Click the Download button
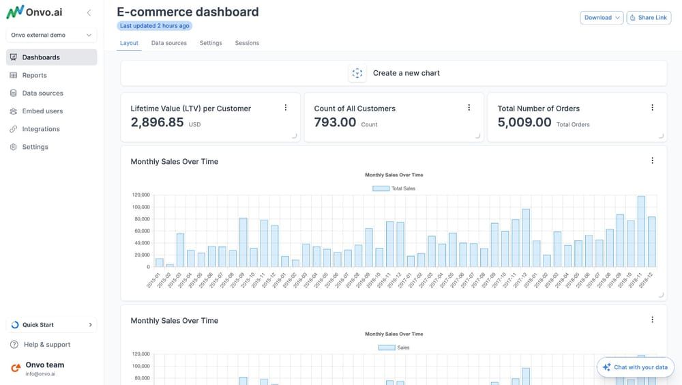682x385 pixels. pyautogui.click(x=601, y=18)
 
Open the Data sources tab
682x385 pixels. pyautogui.click(x=168, y=43)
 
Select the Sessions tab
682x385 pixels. pyautogui.click(x=247, y=43)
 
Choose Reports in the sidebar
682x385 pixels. pyautogui.click(x=34, y=75)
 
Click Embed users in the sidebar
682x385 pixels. pyautogui.click(x=42, y=111)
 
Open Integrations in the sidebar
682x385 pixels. pyautogui.click(x=41, y=129)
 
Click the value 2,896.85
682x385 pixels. pyautogui.click(x=158, y=122)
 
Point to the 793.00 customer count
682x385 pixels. pyautogui.click(x=335, y=122)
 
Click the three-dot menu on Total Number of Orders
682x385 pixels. pyautogui.click(x=652, y=108)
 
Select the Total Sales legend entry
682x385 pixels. pyautogui.click(x=394, y=188)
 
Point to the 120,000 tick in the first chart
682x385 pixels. pyautogui.click(x=140, y=195)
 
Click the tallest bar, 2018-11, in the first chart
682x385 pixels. pyautogui.click(x=641, y=231)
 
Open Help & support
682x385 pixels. pyautogui.click(x=46, y=345)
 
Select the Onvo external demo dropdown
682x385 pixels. pyautogui.click(x=51, y=35)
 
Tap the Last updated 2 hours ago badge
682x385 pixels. pyautogui.click(x=154, y=26)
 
